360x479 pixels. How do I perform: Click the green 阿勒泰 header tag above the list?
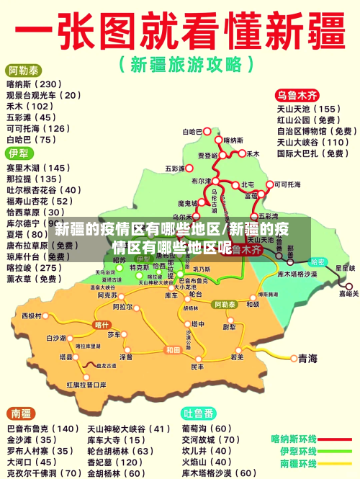(x=24, y=71)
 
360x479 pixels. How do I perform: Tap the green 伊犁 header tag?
(x=19, y=153)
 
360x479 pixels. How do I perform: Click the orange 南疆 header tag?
(x=20, y=413)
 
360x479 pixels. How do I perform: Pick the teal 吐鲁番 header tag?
(x=199, y=413)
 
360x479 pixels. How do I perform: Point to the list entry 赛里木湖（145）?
(x=39, y=168)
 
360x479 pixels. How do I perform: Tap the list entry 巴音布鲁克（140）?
(x=42, y=429)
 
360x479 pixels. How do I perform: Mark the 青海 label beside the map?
(x=307, y=358)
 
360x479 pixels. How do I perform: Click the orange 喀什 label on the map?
(x=102, y=325)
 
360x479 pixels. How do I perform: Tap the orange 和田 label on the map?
(x=173, y=350)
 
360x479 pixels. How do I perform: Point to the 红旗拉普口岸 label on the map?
(x=86, y=385)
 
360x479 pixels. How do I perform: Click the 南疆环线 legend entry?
(x=294, y=463)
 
